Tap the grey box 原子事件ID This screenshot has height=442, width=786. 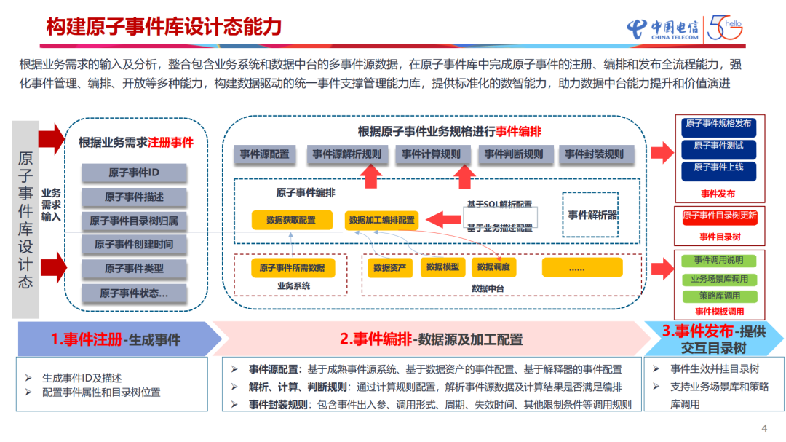point(134,173)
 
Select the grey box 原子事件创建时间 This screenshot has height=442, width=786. point(134,244)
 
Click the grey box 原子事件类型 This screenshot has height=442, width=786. point(134,268)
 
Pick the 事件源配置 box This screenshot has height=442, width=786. point(264,154)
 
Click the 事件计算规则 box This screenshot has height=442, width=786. point(432,154)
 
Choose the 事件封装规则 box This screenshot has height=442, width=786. point(595,154)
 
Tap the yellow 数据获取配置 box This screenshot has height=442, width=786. point(291,219)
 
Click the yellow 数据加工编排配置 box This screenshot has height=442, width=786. point(381,219)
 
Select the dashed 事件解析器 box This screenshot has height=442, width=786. point(590,215)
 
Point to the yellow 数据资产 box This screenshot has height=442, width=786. point(390,267)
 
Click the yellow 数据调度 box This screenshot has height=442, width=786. point(493,267)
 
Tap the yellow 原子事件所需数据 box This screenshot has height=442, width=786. point(292,267)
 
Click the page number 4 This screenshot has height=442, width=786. point(763,427)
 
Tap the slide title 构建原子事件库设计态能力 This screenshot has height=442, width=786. point(164,27)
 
